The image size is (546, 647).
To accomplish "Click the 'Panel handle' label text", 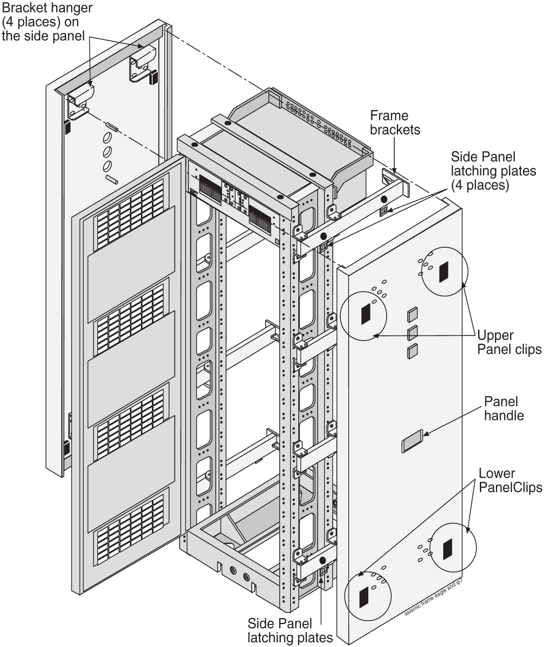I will click(x=504, y=408).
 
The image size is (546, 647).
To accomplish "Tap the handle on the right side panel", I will click(x=412, y=441).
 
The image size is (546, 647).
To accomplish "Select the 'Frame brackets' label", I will click(x=395, y=123).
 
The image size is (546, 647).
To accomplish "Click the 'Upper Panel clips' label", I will click(x=509, y=342).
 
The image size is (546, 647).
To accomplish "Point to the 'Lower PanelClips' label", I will click(x=510, y=480).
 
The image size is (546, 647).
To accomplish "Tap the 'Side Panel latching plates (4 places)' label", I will click(x=493, y=170).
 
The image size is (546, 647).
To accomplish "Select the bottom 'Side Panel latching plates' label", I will click(x=290, y=630).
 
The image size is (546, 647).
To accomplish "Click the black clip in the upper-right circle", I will click(x=444, y=272).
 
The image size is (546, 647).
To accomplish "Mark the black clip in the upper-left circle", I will click(x=366, y=313).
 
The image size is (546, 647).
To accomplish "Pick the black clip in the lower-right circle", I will click(x=447, y=549).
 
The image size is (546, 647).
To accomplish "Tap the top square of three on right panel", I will click(x=412, y=315).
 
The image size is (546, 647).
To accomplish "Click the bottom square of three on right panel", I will click(x=412, y=351).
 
